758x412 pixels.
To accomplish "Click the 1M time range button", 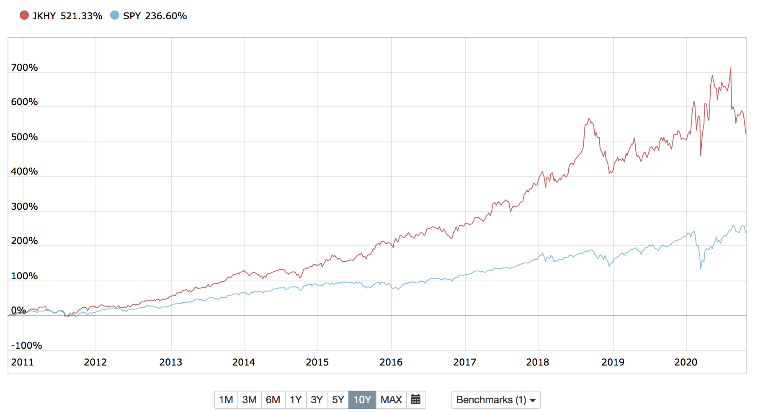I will click(226, 400).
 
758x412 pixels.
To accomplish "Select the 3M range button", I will click(250, 400).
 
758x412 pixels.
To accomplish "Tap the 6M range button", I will click(273, 400).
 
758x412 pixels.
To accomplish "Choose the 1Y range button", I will click(296, 400).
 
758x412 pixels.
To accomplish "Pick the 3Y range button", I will click(317, 400).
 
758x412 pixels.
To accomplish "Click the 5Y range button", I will click(338, 400).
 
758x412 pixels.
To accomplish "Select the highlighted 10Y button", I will click(362, 400).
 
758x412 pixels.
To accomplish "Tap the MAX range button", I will click(391, 400).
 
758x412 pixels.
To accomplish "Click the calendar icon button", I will click(416, 400).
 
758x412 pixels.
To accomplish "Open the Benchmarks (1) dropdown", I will click(496, 400).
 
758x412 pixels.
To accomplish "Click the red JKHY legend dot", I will click(24, 15).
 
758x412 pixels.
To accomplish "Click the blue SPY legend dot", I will click(115, 15).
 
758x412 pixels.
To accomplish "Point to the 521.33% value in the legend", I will click(81, 16).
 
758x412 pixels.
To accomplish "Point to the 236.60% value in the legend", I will click(166, 16).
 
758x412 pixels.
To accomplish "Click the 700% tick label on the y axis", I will click(24, 67).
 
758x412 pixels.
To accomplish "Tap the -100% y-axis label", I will click(26, 345).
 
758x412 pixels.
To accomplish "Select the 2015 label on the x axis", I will click(317, 362).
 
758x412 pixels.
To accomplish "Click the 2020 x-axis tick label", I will click(686, 362).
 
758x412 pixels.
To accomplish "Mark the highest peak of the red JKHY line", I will click(731, 68).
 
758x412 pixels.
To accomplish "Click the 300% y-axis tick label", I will click(24, 206).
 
